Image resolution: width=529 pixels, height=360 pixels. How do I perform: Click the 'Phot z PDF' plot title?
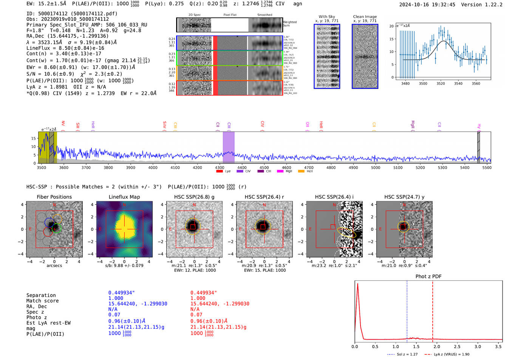428,277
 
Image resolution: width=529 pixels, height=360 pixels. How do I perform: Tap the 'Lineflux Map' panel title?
124,197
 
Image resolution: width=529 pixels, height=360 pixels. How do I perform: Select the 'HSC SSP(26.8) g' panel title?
194,197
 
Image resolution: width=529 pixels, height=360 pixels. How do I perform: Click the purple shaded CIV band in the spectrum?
229,147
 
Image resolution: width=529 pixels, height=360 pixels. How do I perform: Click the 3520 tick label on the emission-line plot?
441,83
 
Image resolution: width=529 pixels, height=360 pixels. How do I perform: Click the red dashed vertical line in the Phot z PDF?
433,310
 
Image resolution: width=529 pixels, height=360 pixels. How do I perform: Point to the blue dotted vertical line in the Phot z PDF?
407,310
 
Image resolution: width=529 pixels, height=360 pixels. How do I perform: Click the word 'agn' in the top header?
298,4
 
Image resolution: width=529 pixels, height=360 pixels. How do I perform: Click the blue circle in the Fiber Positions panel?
49,222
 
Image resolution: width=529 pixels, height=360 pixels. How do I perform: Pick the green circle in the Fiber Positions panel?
57,228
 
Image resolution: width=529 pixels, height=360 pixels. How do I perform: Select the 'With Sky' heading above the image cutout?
326,17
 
